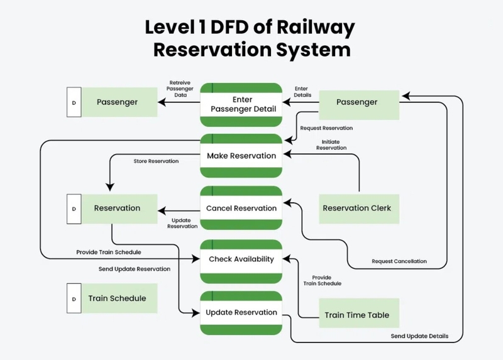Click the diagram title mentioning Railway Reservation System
tap(250, 38)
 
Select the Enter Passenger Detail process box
tap(241, 104)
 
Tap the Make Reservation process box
tap(241, 155)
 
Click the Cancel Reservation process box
tap(241, 208)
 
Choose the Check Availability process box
tap(241, 259)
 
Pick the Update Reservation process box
tap(241, 312)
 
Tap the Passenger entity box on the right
tap(359, 102)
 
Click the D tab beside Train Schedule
tap(74, 299)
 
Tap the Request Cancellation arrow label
tap(399, 261)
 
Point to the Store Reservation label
tap(156, 161)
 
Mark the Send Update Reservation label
tap(135, 269)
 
